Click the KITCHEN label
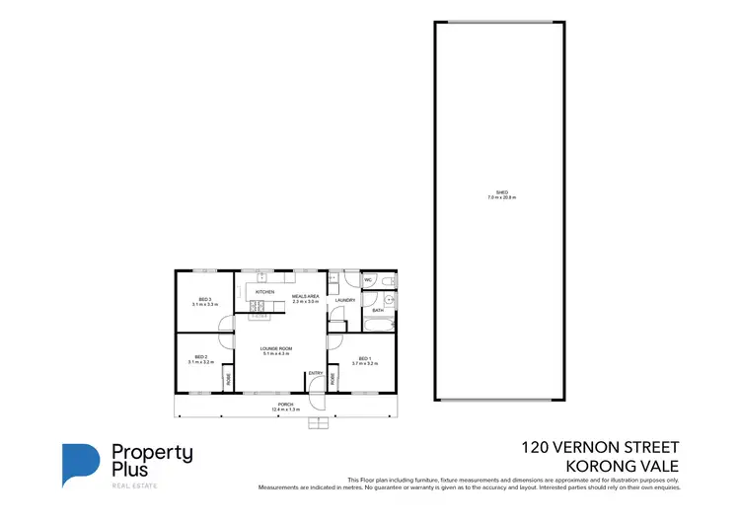[264, 293]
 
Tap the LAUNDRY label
[344, 300]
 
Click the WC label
[366, 279]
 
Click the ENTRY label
[315, 373]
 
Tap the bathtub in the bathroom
[379, 324]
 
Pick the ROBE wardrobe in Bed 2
[228, 378]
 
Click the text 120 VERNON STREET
[600, 446]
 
